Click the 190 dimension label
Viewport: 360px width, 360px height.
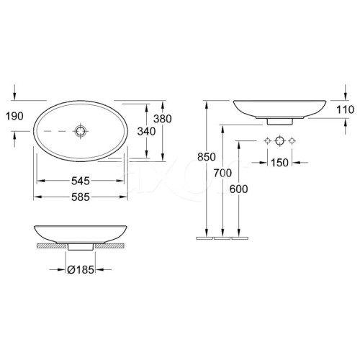point(14,116)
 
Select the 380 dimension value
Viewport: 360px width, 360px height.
point(163,119)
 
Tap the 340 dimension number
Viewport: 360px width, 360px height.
point(146,132)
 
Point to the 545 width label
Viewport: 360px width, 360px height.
point(81,181)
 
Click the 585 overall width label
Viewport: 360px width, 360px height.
point(81,197)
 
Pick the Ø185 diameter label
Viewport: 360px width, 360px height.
point(81,270)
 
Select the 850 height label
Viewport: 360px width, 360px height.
point(207,157)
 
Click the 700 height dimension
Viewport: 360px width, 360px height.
point(222,173)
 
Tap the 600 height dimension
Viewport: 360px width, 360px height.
point(238,189)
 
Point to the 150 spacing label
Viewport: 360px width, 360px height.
point(279,163)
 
